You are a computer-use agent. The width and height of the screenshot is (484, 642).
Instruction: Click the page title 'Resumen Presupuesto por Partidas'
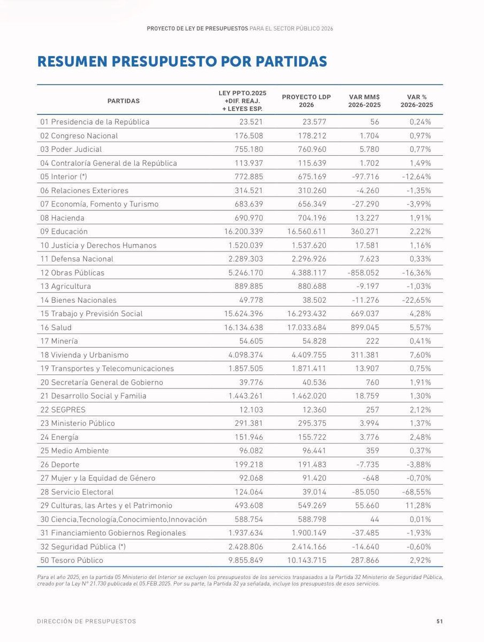(182, 62)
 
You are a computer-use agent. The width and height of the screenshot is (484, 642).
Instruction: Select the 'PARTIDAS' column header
(124, 101)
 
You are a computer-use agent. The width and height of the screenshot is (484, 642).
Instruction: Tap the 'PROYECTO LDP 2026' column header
(306, 101)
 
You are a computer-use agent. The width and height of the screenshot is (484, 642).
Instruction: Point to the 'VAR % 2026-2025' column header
(416, 101)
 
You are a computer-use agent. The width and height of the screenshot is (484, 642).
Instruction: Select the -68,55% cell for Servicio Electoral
(416, 492)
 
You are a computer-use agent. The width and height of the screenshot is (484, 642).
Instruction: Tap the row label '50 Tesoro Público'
(72, 560)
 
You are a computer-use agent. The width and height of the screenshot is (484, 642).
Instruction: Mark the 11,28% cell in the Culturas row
(418, 506)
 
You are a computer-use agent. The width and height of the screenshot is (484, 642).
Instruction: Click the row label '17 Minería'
(59, 341)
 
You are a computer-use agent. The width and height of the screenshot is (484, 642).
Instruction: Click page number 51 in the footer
(439, 621)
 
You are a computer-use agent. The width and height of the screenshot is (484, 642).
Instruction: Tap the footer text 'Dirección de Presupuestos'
(87, 621)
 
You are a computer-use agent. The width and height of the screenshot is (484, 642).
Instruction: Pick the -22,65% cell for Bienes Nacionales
(416, 300)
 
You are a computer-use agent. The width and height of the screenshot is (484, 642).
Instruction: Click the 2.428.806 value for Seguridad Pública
(243, 547)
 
